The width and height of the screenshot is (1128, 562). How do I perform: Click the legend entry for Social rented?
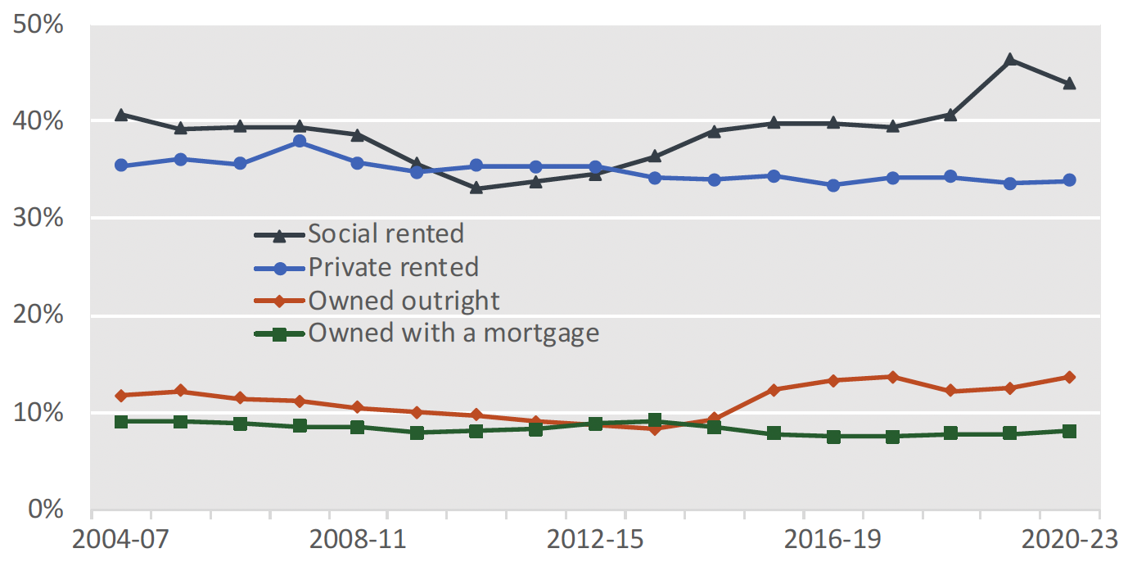point(386,233)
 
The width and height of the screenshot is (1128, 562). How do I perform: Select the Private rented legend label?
point(393,267)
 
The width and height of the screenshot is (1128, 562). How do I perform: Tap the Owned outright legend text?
point(404,301)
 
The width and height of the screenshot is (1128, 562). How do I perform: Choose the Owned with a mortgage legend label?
point(453,333)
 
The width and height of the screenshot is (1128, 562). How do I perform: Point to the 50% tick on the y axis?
point(38,25)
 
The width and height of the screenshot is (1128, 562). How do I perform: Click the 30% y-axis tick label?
point(38,218)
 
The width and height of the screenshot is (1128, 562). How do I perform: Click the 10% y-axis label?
point(38,412)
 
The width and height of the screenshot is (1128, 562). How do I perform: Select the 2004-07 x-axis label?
point(120,542)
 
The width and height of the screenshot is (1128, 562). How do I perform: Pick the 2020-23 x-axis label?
point(1069,542)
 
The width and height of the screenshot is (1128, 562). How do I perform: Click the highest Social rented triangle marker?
point(1009,60)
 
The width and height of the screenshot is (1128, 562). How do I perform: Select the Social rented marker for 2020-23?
point(1069,84)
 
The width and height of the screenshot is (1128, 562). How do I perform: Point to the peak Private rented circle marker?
point(299,141)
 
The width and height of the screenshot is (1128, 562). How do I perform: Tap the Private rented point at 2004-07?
point(121,165)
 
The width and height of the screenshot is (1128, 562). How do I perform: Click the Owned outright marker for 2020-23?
point(1069,377)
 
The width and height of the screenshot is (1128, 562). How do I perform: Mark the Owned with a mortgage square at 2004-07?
point(121,421)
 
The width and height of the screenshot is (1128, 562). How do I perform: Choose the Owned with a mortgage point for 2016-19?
point(832,437)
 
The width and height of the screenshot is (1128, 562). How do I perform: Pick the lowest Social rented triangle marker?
point(476,188)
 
